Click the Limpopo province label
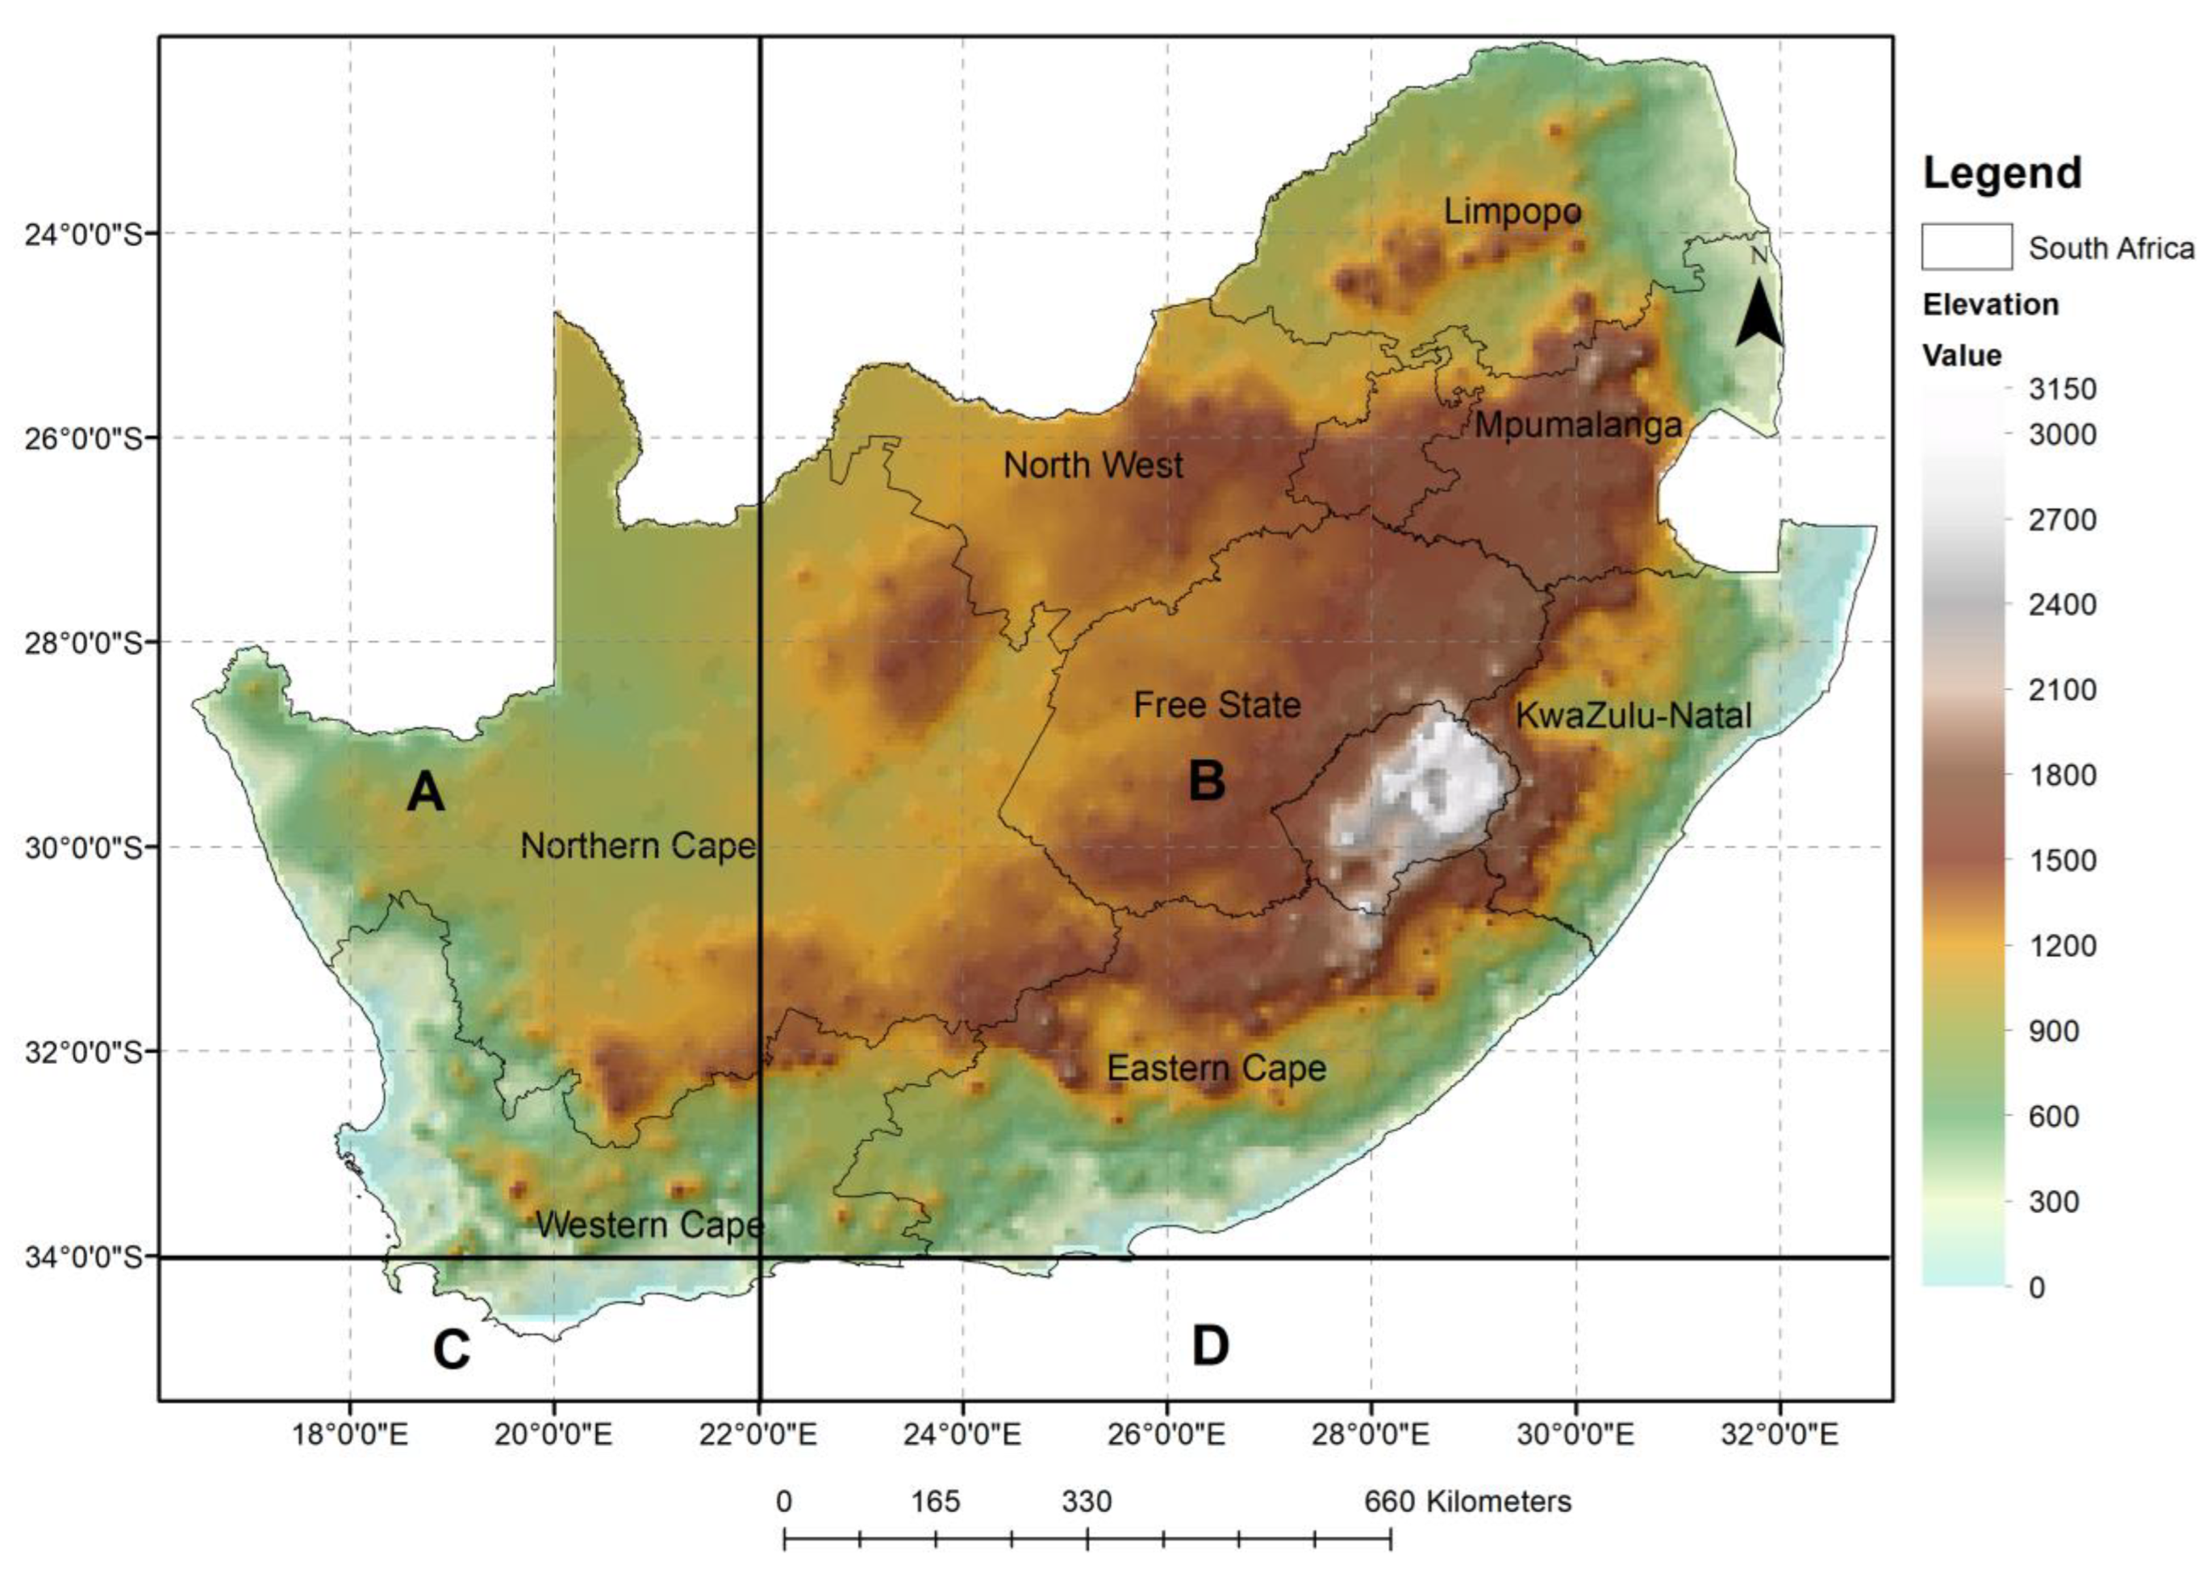click(1512, 211)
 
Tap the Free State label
click(1216, 705)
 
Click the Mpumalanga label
click(1578, 425)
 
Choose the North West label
click(1093, 465)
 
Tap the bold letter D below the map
click(1209, 1346)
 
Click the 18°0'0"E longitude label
click(349, 1434)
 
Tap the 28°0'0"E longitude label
click(1371, 1434)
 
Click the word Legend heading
click(2002, 173)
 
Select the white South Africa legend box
click(1966, 247)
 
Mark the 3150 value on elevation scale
click(2062, 390)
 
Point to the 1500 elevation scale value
click(2062, 861)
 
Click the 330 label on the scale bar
click(1086, 1503)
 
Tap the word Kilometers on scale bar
click(1499, 1503)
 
